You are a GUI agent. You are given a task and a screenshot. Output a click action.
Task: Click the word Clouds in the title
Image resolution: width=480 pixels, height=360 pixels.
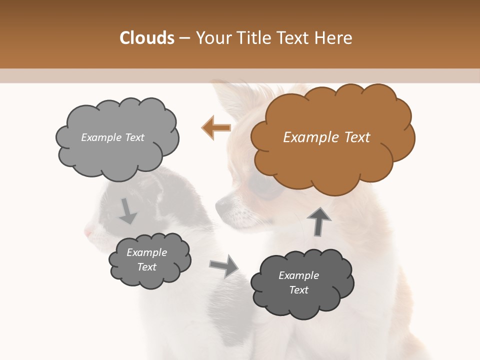click(x=147, y=38)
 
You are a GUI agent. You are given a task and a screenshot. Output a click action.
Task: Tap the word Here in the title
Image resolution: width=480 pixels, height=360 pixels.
click(x=334, y=38)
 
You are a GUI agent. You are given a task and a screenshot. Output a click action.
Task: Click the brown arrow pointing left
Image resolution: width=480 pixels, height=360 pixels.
click(x=216, y=128)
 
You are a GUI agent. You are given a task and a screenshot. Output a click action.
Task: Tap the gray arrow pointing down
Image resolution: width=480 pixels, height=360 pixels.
click(x=127, y=211)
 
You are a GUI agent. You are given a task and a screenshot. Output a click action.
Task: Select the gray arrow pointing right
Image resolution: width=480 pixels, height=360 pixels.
click(x=224, y=265)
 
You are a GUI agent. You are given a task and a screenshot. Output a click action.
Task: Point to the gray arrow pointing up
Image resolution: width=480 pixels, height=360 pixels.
click(x=319, y=221)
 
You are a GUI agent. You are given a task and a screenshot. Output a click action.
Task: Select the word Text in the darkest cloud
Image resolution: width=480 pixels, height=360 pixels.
click(x=299, y=290)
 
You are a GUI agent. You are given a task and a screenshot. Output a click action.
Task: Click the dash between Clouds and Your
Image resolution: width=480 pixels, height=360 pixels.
click(x=184, y=38)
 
